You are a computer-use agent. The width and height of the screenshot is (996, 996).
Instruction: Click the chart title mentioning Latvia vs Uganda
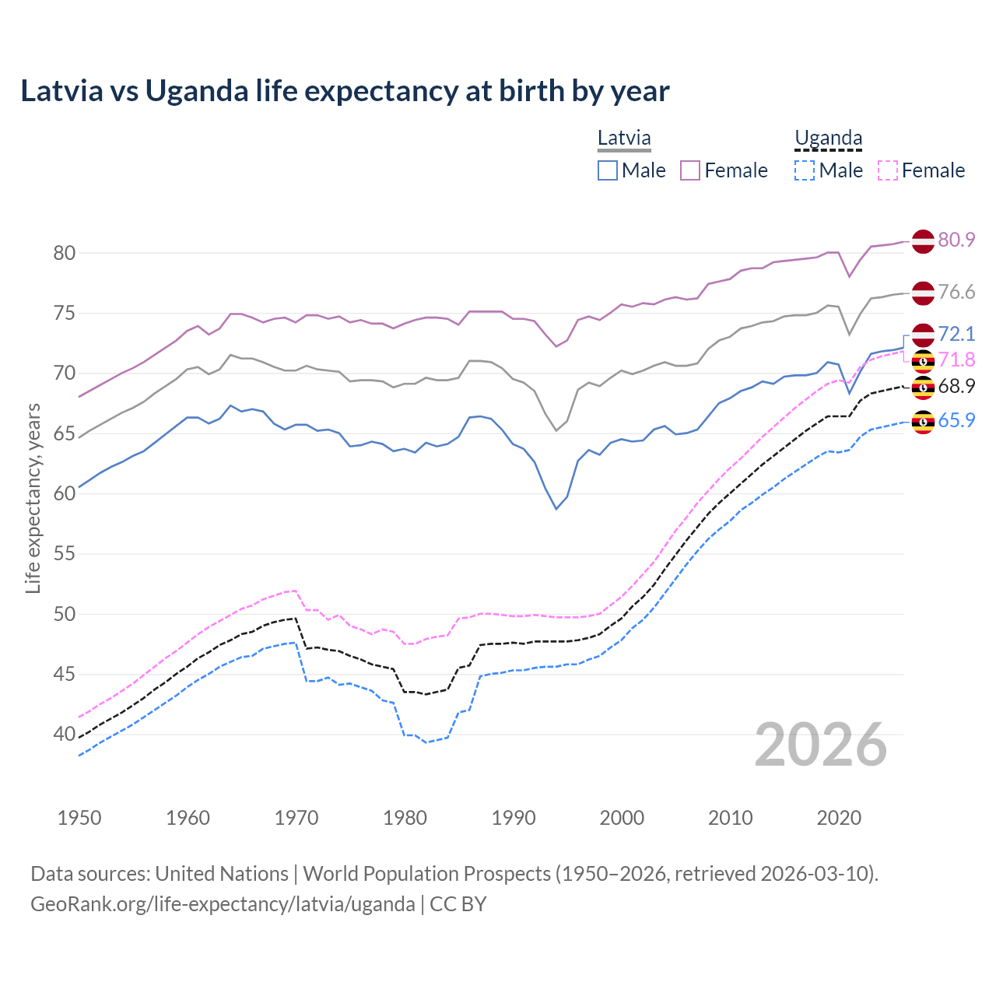tap(345, 91)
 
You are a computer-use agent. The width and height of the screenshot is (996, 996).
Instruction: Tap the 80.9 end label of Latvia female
tap(956, 240)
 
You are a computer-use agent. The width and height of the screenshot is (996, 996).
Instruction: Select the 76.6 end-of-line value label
tap(956, 292)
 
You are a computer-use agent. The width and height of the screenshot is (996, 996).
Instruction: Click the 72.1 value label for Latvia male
tap(956, 334)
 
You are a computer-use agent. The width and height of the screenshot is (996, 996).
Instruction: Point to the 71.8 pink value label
tap(956, 359)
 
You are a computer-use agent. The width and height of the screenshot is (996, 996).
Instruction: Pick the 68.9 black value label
tap(956, 386)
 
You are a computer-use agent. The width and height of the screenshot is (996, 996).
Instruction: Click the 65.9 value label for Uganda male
tap(956, 420)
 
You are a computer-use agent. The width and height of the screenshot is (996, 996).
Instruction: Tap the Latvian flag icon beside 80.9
tap(923, 241)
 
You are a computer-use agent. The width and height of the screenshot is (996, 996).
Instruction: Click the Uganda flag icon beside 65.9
tap(923, 422)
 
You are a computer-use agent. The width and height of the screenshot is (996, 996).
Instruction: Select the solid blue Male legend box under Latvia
tap(608, 170)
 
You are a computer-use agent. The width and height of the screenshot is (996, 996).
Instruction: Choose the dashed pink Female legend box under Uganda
tap(888, 170)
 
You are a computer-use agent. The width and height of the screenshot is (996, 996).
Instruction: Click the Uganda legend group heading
tap(828, 139)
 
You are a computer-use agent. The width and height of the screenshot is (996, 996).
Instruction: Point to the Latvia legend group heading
tap(624, 139)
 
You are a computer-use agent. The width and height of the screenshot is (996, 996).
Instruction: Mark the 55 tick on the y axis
tap(65, 554)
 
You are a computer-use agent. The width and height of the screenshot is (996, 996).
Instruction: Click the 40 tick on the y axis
tap(65, 734)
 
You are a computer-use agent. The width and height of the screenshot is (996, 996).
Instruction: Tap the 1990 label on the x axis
tap(514, 818)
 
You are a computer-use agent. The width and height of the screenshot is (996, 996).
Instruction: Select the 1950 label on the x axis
tap(79, 818)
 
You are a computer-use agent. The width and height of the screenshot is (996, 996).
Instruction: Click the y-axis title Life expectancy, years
tap(33, 498)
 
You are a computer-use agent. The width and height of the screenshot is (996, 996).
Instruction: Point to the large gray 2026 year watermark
tap(820, 745)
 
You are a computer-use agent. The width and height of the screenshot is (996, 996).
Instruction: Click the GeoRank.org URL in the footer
tap(223, 904)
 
